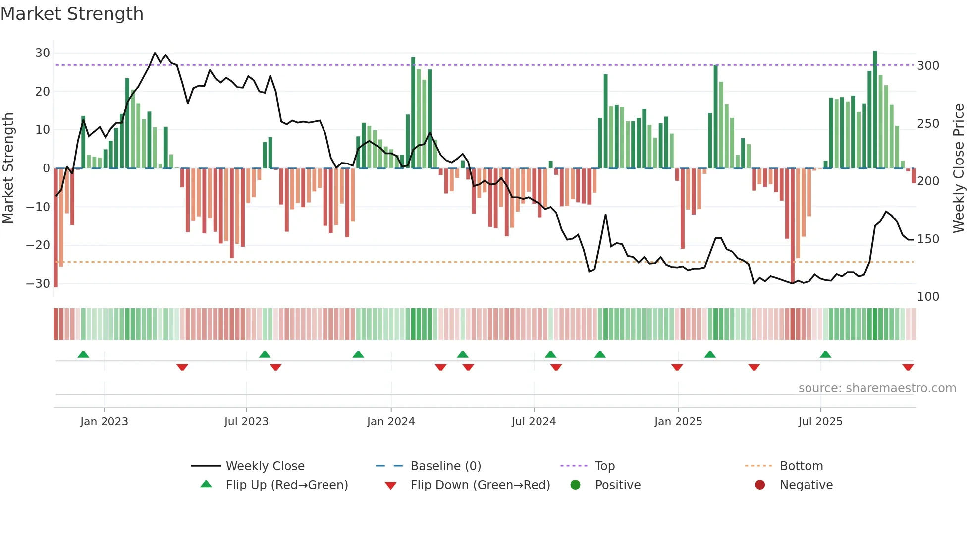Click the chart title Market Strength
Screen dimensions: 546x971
pyautogui.click(x=72, y=14)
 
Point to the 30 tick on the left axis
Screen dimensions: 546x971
pyautogui.click(x=43, y=53)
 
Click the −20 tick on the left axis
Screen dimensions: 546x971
pyautogui.click(x=38, y=245)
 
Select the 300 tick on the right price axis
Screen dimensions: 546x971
pyautogui.click(x=928, y=66)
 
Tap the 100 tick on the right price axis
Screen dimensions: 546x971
pyautogui.click(x=928, y=297)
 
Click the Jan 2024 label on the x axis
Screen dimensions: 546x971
pyautogui.click(x=390, y=422)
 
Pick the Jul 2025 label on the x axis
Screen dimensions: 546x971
pyautogui.click(x=820, y=422)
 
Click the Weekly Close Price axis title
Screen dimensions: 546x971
pyautogui.click(x=959, y=168)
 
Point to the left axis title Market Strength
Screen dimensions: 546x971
pyautogui.click(x=8, y=168)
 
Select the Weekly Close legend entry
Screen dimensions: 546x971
pyautogui.click(x=265, y=466)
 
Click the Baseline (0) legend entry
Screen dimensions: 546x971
pyautogui.click(x=445, y=466)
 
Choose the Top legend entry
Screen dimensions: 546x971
pyautogui.click(x=604, y=466)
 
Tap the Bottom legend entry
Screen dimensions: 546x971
pyautogui.click(x=801, y=466)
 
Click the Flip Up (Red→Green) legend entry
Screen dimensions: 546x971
pyautogui.click(x=287, y=485)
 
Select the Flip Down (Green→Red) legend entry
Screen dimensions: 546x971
pyautogui.click(x=480, y=485)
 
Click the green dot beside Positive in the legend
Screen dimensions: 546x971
pyautogui.click(x=575, y=485)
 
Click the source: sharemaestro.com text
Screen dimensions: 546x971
pyautogui.click(x=877, y=388)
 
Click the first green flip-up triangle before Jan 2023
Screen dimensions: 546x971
pyautogui.click(x=83, y=355)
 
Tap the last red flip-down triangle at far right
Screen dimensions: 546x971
pyautogui.click(x=908, y=367)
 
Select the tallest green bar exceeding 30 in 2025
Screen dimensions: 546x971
pyautogui.click(x=875, y=109)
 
